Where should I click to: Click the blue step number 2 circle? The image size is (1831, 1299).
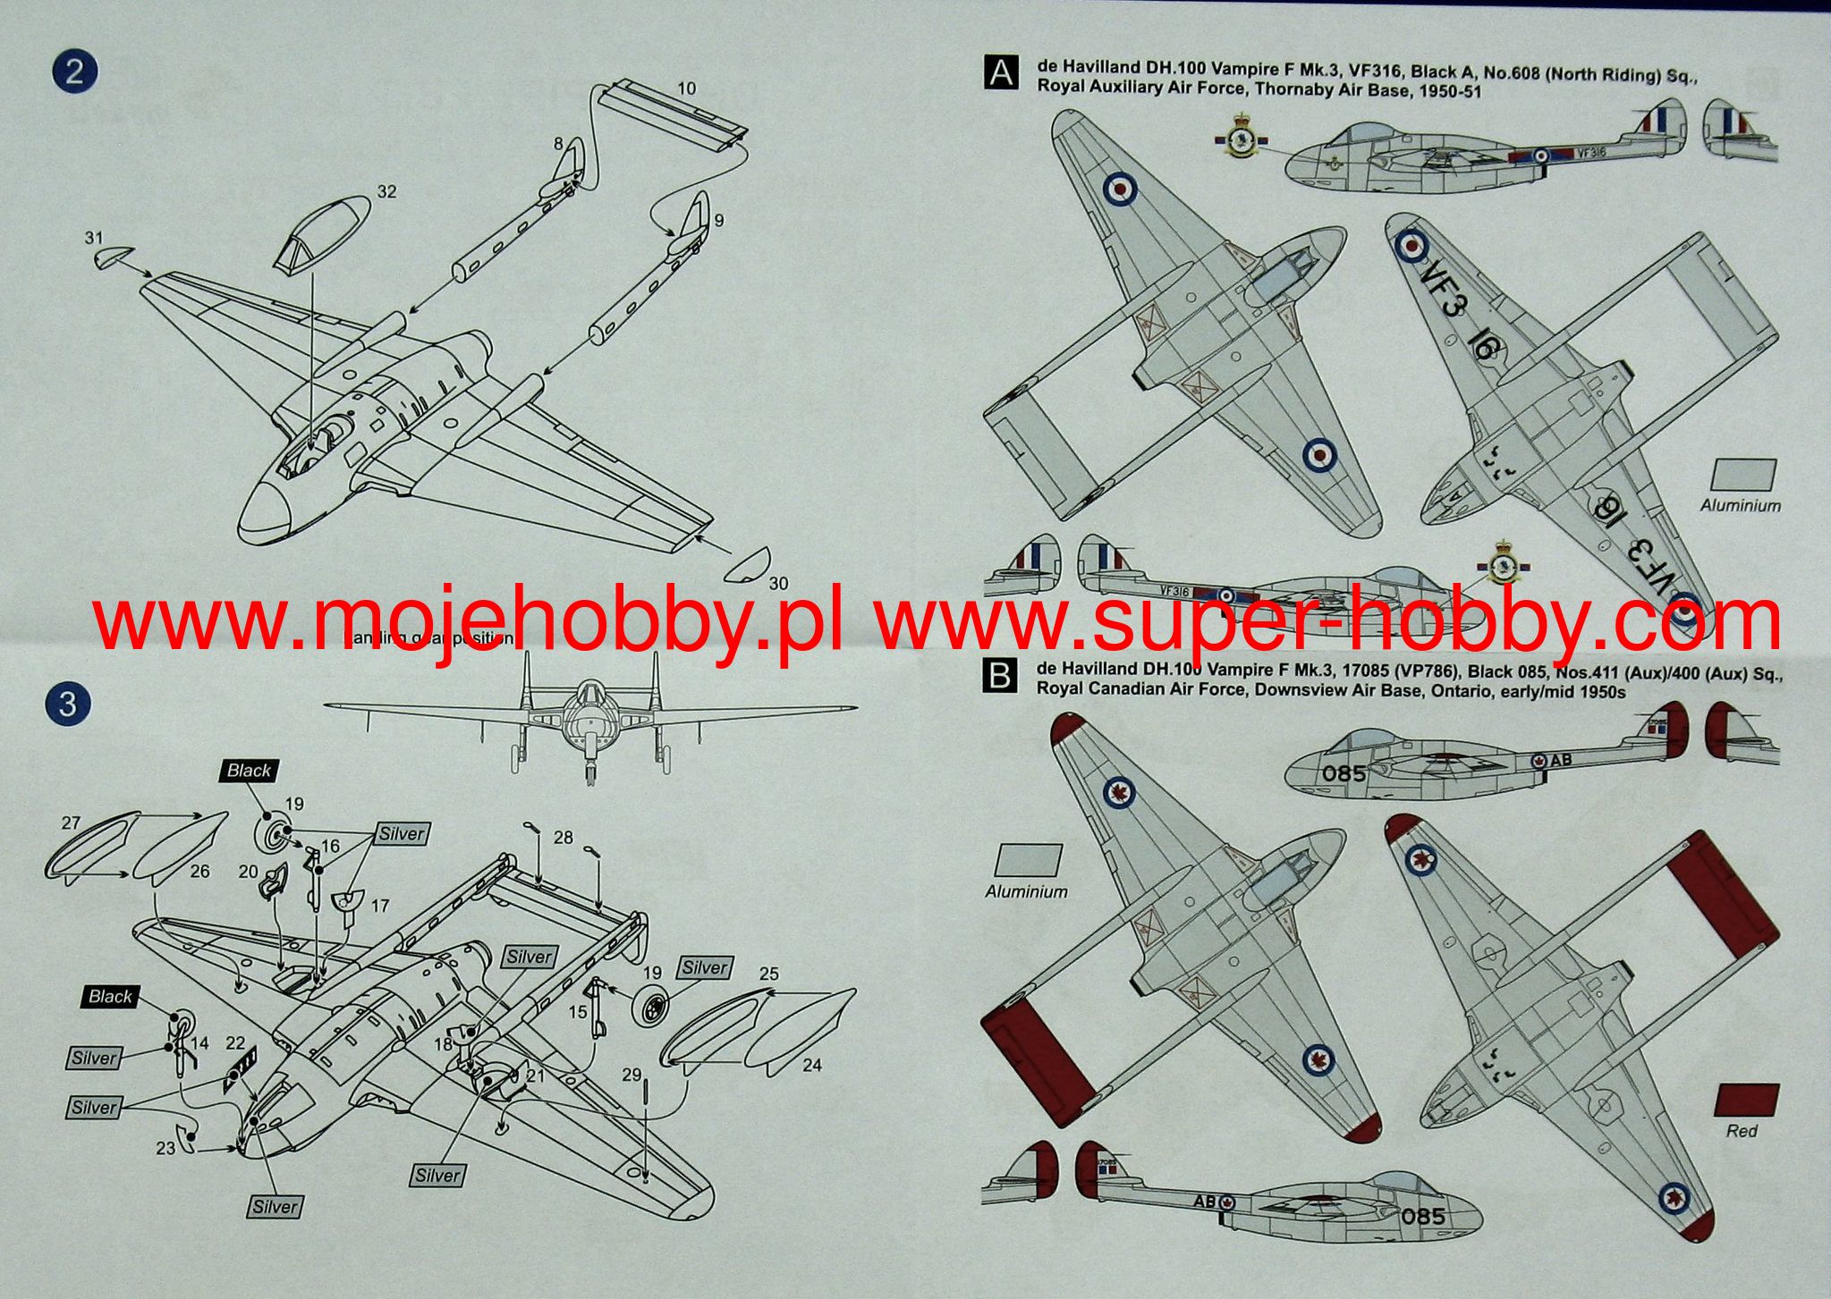[74, 72]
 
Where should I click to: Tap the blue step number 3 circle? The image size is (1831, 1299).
[68, 704]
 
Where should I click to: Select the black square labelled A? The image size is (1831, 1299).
[1000, 72]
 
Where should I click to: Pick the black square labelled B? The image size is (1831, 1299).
[999, 677]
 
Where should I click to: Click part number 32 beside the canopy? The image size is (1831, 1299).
[386, 191]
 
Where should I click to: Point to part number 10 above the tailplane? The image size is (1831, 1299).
[686, 89]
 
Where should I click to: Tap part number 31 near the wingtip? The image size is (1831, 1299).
[94, 238]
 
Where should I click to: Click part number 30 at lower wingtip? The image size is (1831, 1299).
[778, 583]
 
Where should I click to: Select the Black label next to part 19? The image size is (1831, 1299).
[249, 771]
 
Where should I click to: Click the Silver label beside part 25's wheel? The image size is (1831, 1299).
[705, 968]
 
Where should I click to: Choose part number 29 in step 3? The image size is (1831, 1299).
[632, 1074]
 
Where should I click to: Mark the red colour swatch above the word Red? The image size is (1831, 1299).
[1747, 1099]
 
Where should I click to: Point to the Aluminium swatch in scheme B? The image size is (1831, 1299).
[1028, 860]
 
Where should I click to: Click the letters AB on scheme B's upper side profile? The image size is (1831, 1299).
[1560, 760]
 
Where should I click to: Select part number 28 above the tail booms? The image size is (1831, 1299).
[563, 838]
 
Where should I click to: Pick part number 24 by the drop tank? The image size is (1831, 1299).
[812, 1065]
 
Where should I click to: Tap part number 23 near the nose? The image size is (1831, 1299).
[165, 1147]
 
